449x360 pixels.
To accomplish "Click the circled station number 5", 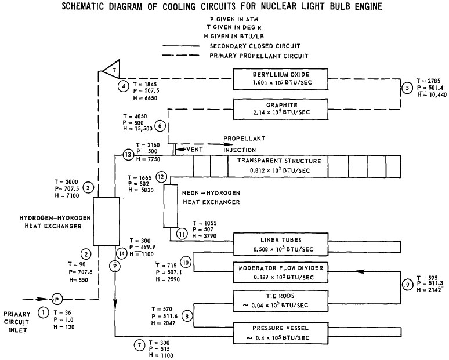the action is (x=408, y=88).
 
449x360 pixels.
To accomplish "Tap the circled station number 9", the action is (x=408, y=285).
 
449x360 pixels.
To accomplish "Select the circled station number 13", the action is (x=128, y=155).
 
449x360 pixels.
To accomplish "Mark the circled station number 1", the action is (x=44, y=312).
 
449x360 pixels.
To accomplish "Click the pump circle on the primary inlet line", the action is (x=57, y=299).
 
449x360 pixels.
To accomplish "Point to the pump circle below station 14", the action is (x=115, y=267).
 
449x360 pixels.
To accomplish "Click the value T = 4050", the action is (x=135, y=117).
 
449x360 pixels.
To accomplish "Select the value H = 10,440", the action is (x=432, y=94).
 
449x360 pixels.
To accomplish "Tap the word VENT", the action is (x=194, y=150).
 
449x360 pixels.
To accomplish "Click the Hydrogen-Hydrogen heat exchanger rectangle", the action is (x=106, y=221).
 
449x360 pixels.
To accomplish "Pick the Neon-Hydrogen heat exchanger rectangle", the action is (x=171, y=206).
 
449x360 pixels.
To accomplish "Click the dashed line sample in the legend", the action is (x=180, y=55).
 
